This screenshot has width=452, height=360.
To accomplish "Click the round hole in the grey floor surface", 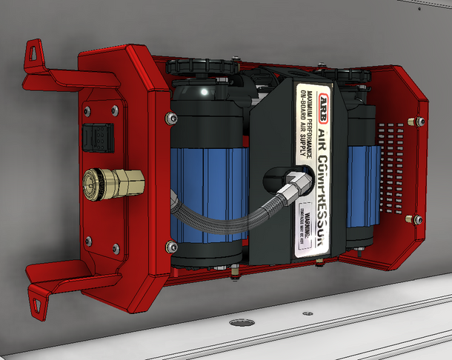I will click(x=239, y=323).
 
